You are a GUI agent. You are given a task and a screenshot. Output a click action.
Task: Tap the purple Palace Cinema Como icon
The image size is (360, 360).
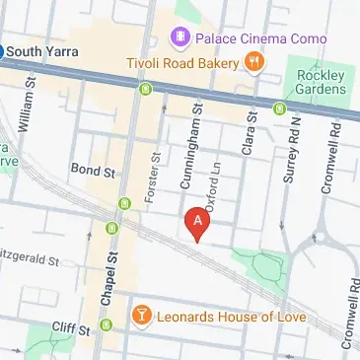click(x=180, y=38)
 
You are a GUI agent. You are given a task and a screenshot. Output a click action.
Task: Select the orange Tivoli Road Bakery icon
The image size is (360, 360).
click(x=254, y=63)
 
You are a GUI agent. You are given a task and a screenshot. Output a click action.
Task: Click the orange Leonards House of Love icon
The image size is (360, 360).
click(x=143, y=316)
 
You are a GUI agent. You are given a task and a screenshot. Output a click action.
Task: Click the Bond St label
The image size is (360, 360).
click(x=94, y=171)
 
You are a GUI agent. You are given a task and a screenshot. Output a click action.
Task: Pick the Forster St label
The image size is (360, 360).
click(x=152, y=179)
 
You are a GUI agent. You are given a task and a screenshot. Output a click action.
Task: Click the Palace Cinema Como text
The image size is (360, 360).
click(x=247, y=38)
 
